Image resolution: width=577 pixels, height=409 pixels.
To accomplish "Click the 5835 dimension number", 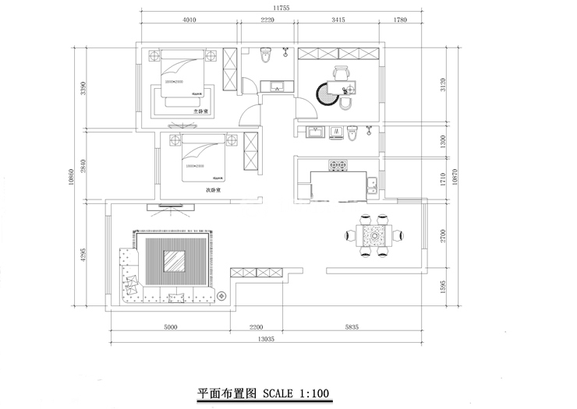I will click(x=347, y=327).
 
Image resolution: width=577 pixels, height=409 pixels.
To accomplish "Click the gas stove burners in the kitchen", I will click(x=338, y=165).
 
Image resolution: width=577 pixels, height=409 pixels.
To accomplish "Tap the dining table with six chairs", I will click(x=374, y=234).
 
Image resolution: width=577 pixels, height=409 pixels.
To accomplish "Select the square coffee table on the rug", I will click(x=175, y=262).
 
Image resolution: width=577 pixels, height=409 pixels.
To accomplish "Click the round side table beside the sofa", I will click(x=222, y=296).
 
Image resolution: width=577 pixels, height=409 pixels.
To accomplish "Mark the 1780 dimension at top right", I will click(x=401, y=20).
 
